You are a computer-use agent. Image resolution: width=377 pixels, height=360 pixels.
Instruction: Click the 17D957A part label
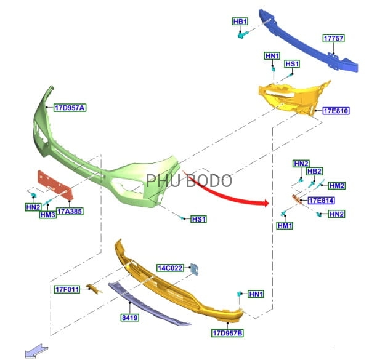70,108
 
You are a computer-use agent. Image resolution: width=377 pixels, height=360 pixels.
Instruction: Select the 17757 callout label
334,38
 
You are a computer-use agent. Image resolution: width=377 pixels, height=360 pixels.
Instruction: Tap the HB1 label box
240,22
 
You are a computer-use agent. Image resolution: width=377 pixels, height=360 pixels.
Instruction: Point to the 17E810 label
336,111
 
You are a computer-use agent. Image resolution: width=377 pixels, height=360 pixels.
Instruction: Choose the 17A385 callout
70,211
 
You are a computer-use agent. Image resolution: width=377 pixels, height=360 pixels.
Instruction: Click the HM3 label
48,215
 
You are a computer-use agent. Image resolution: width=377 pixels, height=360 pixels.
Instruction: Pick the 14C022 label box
170,268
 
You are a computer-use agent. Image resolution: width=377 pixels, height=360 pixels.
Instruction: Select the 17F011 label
67,289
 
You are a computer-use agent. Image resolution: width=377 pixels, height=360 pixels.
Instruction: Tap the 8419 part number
130,318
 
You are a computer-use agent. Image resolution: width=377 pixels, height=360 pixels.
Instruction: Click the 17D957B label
227,333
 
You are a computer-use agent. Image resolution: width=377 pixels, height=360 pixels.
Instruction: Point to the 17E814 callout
322,201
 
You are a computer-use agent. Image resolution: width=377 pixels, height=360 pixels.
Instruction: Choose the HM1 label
285,225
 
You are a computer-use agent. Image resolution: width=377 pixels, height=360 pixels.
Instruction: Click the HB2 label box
315,171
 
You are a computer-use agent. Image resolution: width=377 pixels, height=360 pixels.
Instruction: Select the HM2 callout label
337,186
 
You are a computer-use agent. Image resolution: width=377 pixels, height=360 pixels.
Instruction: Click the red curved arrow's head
266,203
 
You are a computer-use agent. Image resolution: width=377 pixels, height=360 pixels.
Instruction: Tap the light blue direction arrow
36,351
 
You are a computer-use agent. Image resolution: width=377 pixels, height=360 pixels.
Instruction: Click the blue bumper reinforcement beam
309,41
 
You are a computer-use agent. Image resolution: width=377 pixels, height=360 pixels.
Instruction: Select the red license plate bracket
55,185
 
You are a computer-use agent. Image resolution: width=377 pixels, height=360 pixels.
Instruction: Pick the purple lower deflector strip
150,304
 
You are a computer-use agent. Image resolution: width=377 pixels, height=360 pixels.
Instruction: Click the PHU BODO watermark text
189,180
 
